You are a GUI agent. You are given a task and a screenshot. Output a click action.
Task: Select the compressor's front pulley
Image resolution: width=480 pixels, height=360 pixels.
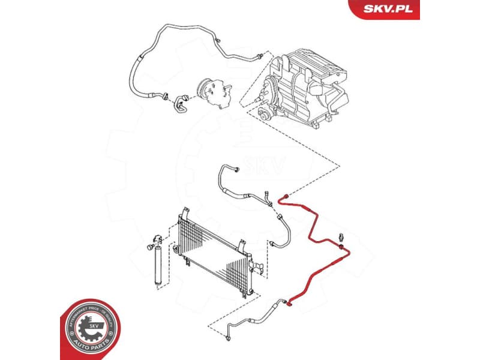pyautogui.click(x=206, y=88)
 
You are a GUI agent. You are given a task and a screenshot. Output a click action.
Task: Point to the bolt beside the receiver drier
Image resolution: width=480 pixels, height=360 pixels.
pyautogui.click(x=146, y=248)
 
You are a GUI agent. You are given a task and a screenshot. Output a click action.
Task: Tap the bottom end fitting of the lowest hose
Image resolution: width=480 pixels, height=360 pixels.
pyautogui.click(x=228, y=341)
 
